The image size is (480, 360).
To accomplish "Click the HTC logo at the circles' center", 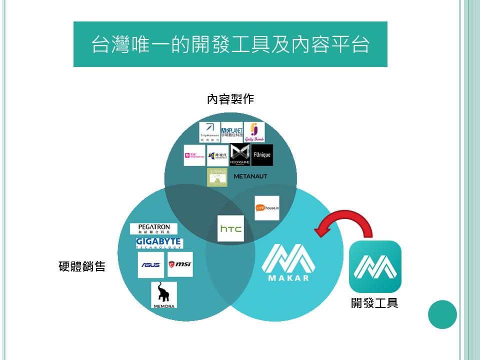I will pyautogui.click(x=230, y=229).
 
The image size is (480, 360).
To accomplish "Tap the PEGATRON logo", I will pyautogui.click(x=153, y=229).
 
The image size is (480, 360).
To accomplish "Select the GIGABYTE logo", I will pyautogui.click(x=159, y=243).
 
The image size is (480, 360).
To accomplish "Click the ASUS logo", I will pyautogui.click(x=151, y=265).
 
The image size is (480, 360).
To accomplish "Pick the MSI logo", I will pyautogui.click(x=180, y=264).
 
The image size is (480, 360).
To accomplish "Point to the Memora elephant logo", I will pyautogui.click(x=164, y=295).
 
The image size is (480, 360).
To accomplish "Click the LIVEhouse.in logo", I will pyautogui.click(x=266, y=208).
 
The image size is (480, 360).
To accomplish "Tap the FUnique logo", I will pyautogui.click(x=262, y=155).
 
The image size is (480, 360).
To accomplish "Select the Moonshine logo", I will pyautogui.click(x=240, y=155).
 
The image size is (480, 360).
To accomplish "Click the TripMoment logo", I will pyautogui.click(x=209, y=132).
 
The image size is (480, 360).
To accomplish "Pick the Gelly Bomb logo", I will pyautogui.click(x=254, y=132).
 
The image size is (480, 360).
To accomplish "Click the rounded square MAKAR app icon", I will pyautogui.click(x=375, y=266).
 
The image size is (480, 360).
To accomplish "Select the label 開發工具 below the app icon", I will pyautogui.click(x=374, y=303).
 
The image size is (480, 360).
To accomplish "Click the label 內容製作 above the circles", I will pyautogui.click(x=230, y=99).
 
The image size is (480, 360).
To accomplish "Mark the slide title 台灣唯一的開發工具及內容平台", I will pyautogui.click(x=230, y=44).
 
